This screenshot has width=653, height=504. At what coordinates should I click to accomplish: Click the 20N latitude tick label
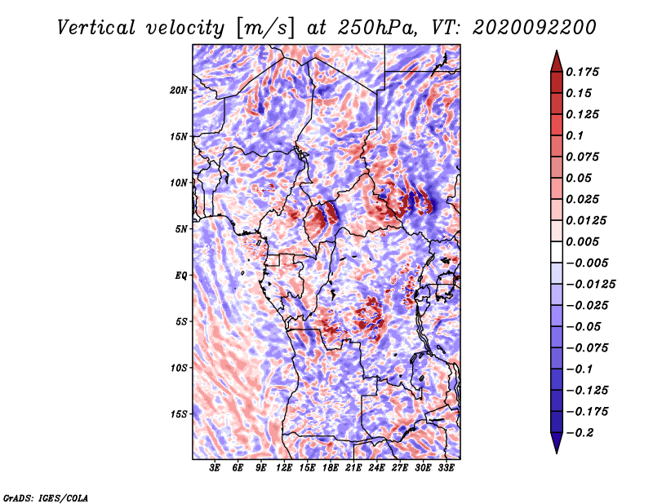pos(179,91)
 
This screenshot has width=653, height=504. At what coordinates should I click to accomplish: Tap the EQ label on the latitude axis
pos(181,276)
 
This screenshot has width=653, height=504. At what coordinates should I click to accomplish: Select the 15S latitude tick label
pos(179,414)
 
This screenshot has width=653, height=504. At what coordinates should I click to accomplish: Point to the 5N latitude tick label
pos(181,229)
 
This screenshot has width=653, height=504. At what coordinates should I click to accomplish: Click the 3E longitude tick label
pos(215,468)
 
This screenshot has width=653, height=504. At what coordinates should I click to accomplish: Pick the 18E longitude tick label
pos(331,468)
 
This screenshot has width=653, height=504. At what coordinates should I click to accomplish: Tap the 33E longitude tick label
pos(446,468)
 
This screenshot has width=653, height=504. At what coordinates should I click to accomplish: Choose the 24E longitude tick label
pos(376,468)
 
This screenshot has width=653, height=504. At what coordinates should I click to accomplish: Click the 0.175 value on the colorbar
pos(582,72)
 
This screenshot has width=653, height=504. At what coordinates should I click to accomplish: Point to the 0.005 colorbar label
pos(582,241)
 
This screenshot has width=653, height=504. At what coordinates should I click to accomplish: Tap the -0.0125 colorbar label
pos(590,285)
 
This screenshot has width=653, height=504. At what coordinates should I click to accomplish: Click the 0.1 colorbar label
pos(575,135)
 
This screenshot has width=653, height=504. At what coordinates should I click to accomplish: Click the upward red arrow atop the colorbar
pos(557,62)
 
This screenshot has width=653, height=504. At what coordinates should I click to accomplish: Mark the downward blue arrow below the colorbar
pos(557,443)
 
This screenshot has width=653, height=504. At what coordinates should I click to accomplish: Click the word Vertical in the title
pos(96,28)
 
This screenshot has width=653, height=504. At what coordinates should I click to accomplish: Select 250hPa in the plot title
pos(377,28)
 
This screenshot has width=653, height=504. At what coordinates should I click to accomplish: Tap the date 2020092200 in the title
pos(535,28)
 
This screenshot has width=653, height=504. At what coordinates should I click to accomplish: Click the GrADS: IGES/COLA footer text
pos(46,497)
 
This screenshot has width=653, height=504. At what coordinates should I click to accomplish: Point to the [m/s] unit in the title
pos(264,29)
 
